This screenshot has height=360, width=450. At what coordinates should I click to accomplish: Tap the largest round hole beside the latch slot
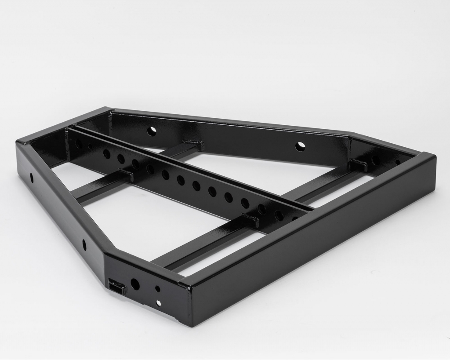point(135,284)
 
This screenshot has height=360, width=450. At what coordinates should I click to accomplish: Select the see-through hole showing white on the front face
point(159,303)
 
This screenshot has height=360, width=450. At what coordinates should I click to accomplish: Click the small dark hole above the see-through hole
point(157,289)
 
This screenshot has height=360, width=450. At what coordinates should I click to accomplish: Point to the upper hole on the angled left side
point(32,178)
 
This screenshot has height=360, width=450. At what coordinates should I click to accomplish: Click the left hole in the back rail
point(152,131)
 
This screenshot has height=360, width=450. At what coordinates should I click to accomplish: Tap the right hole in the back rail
point(300,146)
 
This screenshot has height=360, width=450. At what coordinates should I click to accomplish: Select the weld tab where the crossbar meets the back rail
point(192,143)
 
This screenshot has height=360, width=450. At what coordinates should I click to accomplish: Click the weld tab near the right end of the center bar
point(250,219)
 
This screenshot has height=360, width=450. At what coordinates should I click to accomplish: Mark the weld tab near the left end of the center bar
point(125,174)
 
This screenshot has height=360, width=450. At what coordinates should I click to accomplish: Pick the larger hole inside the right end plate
point(376,160)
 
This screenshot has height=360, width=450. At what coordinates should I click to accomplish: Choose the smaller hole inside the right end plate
point(398,162)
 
